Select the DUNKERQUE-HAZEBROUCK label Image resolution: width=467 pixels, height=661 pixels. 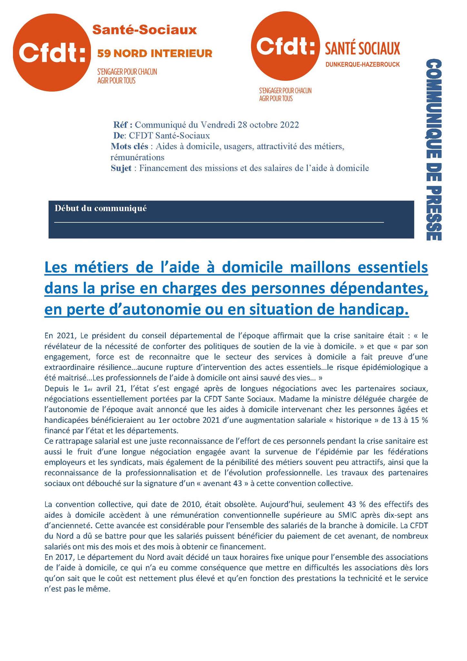coord(363,65)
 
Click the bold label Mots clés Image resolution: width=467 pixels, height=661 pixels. coord(129,147)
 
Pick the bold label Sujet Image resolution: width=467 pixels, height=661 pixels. coord(121,168)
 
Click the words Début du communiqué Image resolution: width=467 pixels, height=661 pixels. coord(101,208)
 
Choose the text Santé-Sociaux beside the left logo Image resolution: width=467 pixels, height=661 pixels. coord(144,30)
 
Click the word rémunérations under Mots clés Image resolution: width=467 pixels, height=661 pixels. coord(137,158)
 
